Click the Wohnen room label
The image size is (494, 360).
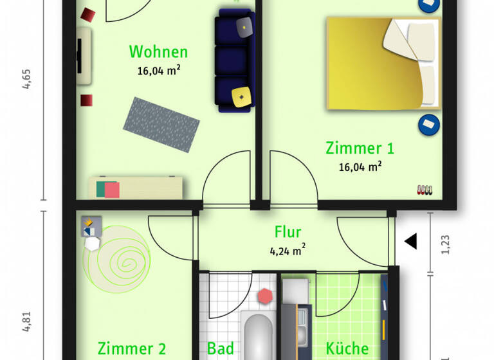point(158,51)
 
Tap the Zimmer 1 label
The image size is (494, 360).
point(360,148)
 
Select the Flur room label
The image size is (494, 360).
point(288,232)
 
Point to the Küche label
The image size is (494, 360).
point(347,348)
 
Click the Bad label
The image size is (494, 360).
point(220,348)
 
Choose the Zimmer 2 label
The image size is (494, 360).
point(132,349)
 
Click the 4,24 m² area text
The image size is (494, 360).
point(288,250)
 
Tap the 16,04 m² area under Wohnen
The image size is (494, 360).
point(158,71)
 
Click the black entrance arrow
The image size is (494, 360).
point(410,242)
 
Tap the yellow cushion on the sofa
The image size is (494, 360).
point(241,96)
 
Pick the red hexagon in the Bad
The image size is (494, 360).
point(264,296)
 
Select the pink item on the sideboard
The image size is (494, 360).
point(111,190)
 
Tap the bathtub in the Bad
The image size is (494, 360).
point(259,337)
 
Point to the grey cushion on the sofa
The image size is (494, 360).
point(244,26)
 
